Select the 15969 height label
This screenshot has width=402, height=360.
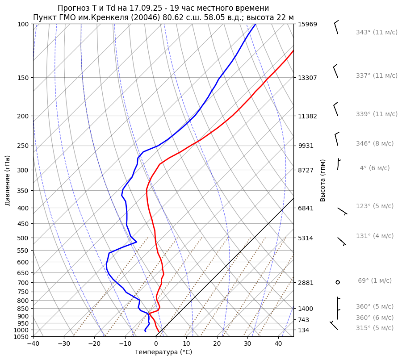tap(307, 24)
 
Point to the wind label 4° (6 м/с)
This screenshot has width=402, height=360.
tap(374, 168)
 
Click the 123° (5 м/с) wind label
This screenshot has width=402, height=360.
tap(374, 206)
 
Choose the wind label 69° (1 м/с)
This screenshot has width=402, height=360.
tap(374, 280)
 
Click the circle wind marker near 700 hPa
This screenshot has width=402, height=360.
tap(338, 282)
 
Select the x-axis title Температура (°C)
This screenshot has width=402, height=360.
tap(163, 352)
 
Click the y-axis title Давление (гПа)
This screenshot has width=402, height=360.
tap(8, 180)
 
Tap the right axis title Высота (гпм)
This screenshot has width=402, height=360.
tap(323, 180)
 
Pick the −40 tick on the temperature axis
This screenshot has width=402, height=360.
tap(33, 344)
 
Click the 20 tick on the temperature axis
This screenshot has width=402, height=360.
tap(217, 344)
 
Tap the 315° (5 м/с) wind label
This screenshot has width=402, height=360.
tap(374, 328)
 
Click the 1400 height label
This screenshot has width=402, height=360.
tap(306, 309)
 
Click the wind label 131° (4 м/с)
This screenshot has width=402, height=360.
tap(374, 236)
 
